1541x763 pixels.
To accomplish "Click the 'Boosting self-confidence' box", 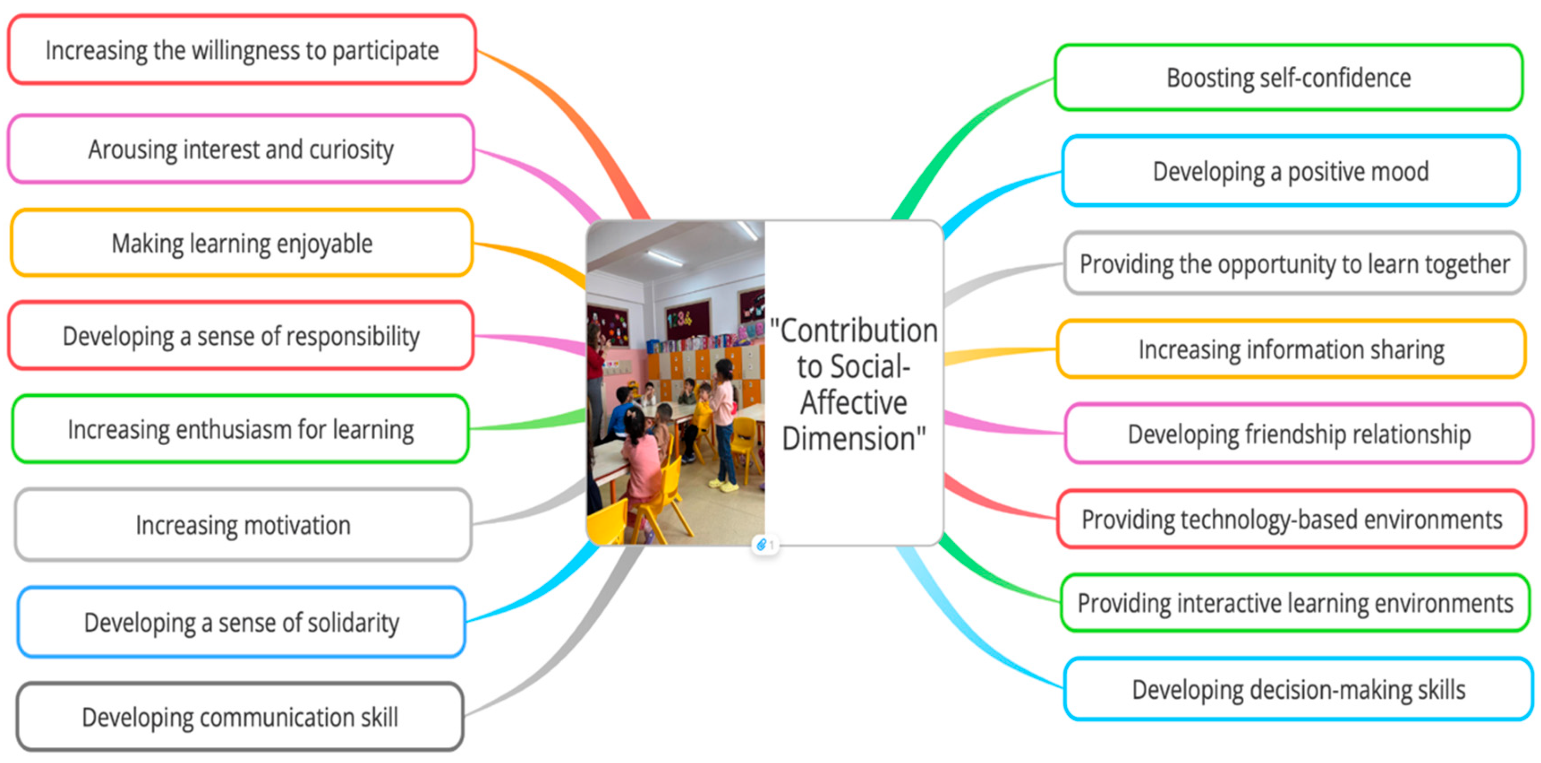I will (x=1288, y=78).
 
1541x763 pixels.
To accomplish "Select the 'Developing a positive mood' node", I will (x=1290, y=172).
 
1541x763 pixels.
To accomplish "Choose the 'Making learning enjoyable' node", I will (x=242, y=244).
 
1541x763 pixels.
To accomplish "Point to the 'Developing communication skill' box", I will (x=240, y=717).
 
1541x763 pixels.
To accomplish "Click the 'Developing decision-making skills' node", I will (x=1298, y=689).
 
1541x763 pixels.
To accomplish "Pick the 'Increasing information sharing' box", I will (x=1291, y=350).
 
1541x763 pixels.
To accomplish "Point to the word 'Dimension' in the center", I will (x=849, y=439).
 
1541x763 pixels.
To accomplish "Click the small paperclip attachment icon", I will (x=761, y=545).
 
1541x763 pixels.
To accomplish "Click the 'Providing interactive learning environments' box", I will (x=1295, y=603).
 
